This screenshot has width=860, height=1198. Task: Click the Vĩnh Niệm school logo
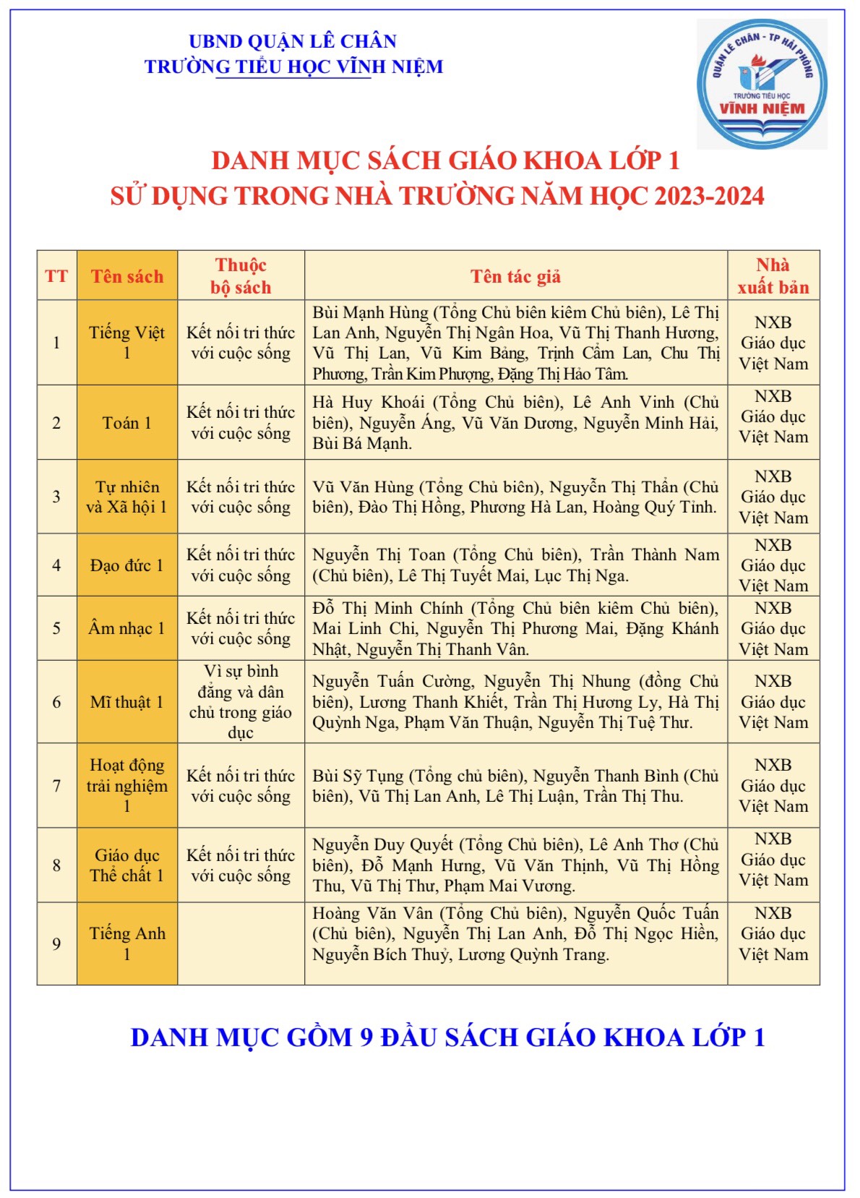[x=762, y=85]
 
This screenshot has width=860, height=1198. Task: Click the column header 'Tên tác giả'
[x=515, y=276]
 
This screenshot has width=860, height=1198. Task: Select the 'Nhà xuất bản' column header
[x=773, y=276]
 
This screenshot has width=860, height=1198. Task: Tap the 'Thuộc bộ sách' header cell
[x=241, y=276]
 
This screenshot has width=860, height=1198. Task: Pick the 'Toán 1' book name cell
[x=127, y=423]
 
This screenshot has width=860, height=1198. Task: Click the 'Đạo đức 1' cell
[x=127, y=565]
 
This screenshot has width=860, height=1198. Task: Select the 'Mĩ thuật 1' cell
[x=127, y=702]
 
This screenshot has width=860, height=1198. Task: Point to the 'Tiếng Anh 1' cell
[x=127, y=944]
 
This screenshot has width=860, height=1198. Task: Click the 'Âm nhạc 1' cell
[x=127, y=628]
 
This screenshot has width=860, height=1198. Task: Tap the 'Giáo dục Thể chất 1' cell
[x=127, y=865]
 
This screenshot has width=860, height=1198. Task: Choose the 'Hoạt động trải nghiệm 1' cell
[x=127, y=785]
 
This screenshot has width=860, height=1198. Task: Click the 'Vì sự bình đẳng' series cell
[x=241, y=702]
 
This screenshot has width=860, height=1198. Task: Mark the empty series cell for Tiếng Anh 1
[x=241, y=944]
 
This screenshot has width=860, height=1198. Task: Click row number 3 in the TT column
[x=56, y=497]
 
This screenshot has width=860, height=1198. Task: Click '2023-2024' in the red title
[x=709, y=197]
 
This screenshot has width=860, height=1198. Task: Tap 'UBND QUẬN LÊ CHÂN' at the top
[x=293, y=41]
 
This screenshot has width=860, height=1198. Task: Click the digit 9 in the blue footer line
[x=366, y=1037]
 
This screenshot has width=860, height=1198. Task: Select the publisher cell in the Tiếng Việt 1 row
[x=773, y=343]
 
